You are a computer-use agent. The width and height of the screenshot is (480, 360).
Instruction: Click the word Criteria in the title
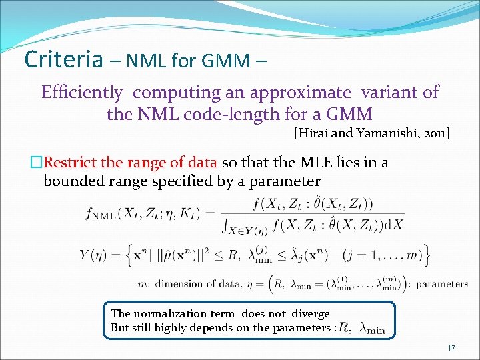[63, 59]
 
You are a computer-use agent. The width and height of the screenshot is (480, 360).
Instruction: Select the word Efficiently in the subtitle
[82, 92]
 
